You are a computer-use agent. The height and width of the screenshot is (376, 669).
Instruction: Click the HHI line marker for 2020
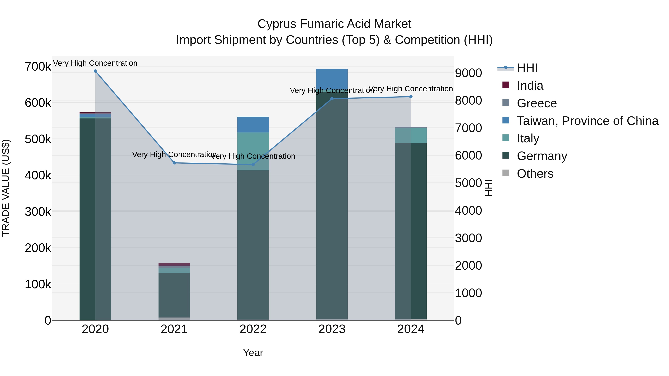[x=95, y=71]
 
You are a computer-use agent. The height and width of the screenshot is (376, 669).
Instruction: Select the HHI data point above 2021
[x=174, y=163]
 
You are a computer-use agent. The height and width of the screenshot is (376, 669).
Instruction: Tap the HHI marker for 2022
[x=253, y=165]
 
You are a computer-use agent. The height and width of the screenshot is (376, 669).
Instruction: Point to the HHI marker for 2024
[x=411, y=97]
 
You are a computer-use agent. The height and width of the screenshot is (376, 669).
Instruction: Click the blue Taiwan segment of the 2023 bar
[x=332, y=79]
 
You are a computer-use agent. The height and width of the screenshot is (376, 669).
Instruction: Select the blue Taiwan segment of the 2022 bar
[x=253, y=125]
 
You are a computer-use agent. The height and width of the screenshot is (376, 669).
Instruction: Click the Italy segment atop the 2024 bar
[x=411, y=135]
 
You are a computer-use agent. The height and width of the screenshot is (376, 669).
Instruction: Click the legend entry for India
[x=530, y=86]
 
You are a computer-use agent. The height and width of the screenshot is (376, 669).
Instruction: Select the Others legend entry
[x=535, y=174]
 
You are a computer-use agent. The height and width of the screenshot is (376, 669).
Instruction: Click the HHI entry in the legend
[x=527, y=68]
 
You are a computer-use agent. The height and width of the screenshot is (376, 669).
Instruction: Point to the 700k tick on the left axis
[x=38, y=67]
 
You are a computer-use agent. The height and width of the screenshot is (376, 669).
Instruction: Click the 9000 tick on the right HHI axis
[x=468, y=73]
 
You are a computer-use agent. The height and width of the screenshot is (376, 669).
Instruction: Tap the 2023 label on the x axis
[x=332, y=329]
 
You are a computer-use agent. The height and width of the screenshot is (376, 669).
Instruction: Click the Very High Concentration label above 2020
[x=95, y=63]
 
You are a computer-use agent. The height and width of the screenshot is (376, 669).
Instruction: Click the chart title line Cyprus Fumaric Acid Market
[x=334, y=24]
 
